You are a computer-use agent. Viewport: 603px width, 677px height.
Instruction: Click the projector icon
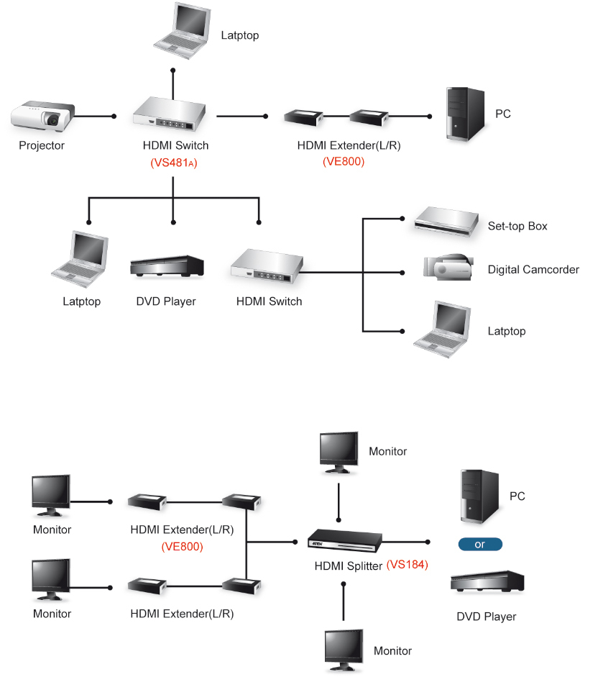point(42,117)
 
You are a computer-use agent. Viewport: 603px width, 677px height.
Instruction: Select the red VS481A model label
point(174,163)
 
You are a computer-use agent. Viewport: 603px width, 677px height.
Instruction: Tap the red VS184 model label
point(408,565)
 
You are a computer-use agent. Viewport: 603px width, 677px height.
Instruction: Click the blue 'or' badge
point(480,545)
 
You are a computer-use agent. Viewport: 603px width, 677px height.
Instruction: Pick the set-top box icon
point(446,221)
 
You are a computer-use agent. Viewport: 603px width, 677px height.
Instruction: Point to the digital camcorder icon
point(448,267)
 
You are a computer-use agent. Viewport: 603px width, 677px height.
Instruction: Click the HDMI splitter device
point(345,540)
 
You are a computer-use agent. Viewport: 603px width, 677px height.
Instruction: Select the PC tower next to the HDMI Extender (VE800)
point(466,114)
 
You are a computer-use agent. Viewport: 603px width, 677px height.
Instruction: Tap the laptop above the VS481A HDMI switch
point(183,30)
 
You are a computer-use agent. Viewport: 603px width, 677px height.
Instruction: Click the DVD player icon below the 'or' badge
point(487,581)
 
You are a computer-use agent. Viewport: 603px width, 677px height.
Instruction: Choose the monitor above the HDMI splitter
point(339,453)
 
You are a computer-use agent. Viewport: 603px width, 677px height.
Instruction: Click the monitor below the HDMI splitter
point(344,650)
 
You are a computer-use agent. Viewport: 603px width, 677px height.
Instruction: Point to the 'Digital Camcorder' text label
point(533,269)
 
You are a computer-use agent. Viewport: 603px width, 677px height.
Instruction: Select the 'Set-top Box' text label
point(517,226)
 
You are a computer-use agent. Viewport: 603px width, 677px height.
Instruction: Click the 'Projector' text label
point(42,145)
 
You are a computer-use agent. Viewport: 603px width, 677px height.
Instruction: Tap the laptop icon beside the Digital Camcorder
point(442,330)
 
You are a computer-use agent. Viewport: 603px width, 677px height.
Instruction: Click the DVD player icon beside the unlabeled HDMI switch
point(167,265)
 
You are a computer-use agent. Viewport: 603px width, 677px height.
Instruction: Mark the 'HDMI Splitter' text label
point(348,565)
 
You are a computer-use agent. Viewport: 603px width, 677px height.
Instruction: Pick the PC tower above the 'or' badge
point(480,496)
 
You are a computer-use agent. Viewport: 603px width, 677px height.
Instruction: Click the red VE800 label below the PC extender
point(344,161)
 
